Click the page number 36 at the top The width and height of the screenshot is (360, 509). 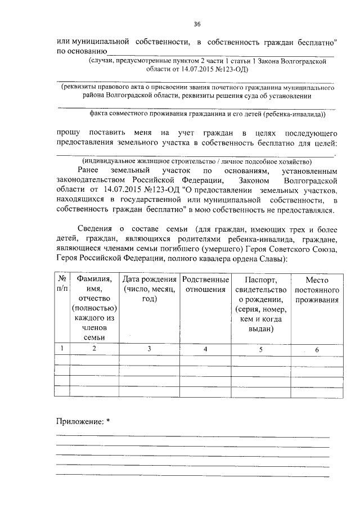[197, 24]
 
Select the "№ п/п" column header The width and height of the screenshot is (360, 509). [62, 284]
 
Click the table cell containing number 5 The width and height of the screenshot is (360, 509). [260, 349]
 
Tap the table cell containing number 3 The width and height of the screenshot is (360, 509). [149, 349]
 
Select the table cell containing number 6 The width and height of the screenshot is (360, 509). [317, 350]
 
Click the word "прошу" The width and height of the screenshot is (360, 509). [68, 133]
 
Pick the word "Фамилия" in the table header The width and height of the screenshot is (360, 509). [94, 280]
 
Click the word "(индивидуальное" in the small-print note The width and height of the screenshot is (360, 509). [118, 160]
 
